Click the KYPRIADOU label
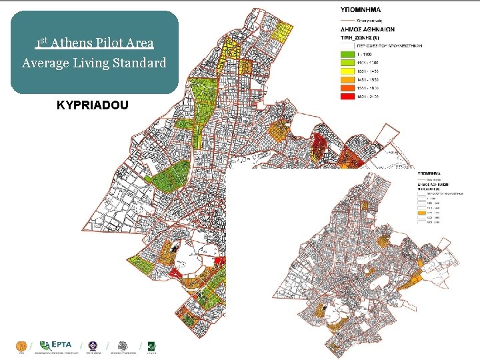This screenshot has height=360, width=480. coord(94,105)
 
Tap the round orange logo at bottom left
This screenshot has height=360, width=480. coord(21,346)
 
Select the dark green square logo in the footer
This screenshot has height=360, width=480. coord(152,346)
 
